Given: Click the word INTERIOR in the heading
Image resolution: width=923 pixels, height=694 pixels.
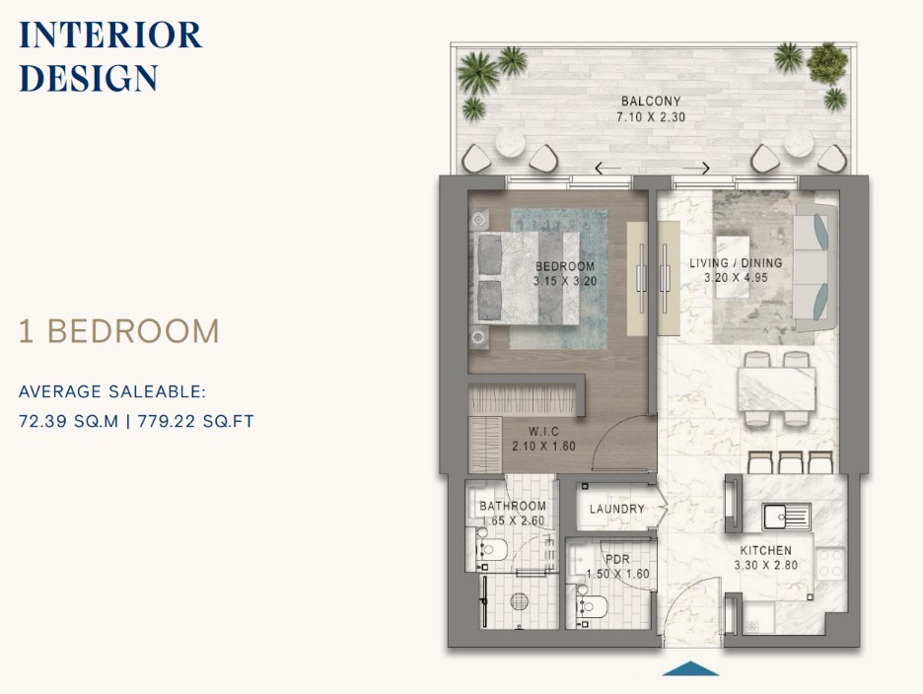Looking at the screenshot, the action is point(110,35).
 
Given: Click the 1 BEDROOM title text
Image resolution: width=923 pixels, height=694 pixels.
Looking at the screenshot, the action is point(119,331).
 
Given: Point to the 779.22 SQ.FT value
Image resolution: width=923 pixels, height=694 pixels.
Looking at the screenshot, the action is point(196,422).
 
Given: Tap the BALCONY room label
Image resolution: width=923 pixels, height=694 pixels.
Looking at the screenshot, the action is point(651,102).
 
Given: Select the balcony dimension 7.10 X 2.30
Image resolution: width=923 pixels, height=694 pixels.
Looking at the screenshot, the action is point(651,117).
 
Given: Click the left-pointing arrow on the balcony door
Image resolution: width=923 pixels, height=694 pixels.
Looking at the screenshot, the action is point(607,169).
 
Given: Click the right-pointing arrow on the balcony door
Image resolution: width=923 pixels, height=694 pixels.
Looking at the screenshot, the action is point(696,169).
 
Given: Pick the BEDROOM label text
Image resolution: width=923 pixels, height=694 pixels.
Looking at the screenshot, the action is point(564,266).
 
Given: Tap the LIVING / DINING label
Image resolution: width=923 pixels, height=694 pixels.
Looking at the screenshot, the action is point(736,263).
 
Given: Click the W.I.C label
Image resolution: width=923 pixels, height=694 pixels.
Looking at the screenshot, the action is point(543,432).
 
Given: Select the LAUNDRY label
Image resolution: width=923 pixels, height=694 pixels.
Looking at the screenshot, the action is point(617,509).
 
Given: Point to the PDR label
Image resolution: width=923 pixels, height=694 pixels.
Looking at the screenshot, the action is point(617,559).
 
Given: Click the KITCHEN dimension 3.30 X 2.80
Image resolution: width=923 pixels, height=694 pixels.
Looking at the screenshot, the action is point(766,566).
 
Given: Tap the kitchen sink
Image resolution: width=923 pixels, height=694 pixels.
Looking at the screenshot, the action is point(787,517).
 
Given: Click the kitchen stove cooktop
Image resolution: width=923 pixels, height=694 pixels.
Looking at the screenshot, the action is point(830,562).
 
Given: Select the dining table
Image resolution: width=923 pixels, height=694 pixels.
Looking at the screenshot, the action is point(776,388).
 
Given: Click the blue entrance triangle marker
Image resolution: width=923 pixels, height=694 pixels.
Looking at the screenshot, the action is point(690,668).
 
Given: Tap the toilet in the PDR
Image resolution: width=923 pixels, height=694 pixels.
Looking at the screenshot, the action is point(591,606).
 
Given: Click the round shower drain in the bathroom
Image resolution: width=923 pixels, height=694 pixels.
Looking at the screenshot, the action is point(520,601).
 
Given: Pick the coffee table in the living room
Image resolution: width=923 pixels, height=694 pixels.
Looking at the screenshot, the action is point(733,252).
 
